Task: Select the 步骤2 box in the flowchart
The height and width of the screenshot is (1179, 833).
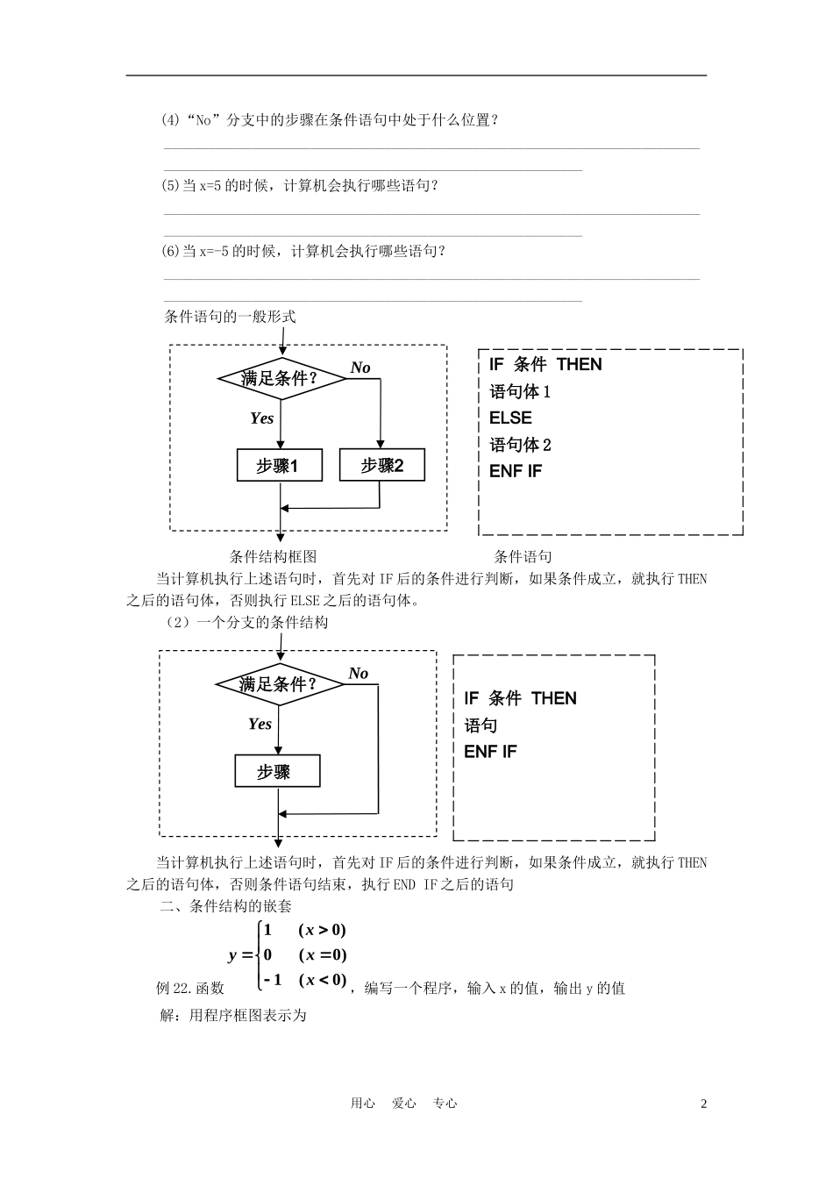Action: coord(381,465)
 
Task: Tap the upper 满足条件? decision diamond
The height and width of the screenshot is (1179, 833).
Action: coord(280,379)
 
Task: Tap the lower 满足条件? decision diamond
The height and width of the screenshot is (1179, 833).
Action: coord(278,684)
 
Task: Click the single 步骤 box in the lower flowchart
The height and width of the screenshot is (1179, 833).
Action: coord(277,772)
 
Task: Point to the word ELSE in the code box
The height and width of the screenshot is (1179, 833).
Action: coord(510,418)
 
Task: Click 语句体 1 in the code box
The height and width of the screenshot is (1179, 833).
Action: coord(520,391)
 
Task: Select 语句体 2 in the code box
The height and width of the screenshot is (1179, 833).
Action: coord(520,445)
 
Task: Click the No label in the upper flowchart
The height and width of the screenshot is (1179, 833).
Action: coord(360,368)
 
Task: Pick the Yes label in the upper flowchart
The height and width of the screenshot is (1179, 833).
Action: coord(261,418)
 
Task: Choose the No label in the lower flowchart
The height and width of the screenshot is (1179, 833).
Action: coord(358,674)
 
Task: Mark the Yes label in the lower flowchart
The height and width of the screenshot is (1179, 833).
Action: coord(260,724)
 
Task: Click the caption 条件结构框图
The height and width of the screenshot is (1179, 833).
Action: coord(273,556)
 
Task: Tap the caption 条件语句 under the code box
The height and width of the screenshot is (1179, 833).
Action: coord(523,556)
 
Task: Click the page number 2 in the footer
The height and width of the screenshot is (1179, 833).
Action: coord(703,1104)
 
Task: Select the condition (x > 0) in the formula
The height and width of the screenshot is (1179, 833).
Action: coord(322,930)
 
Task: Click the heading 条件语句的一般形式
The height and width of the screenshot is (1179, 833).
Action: coord(230,317)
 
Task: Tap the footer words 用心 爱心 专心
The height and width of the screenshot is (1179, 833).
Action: coord(403,1104)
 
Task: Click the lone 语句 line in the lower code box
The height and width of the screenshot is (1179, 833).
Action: coord(481,725)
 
